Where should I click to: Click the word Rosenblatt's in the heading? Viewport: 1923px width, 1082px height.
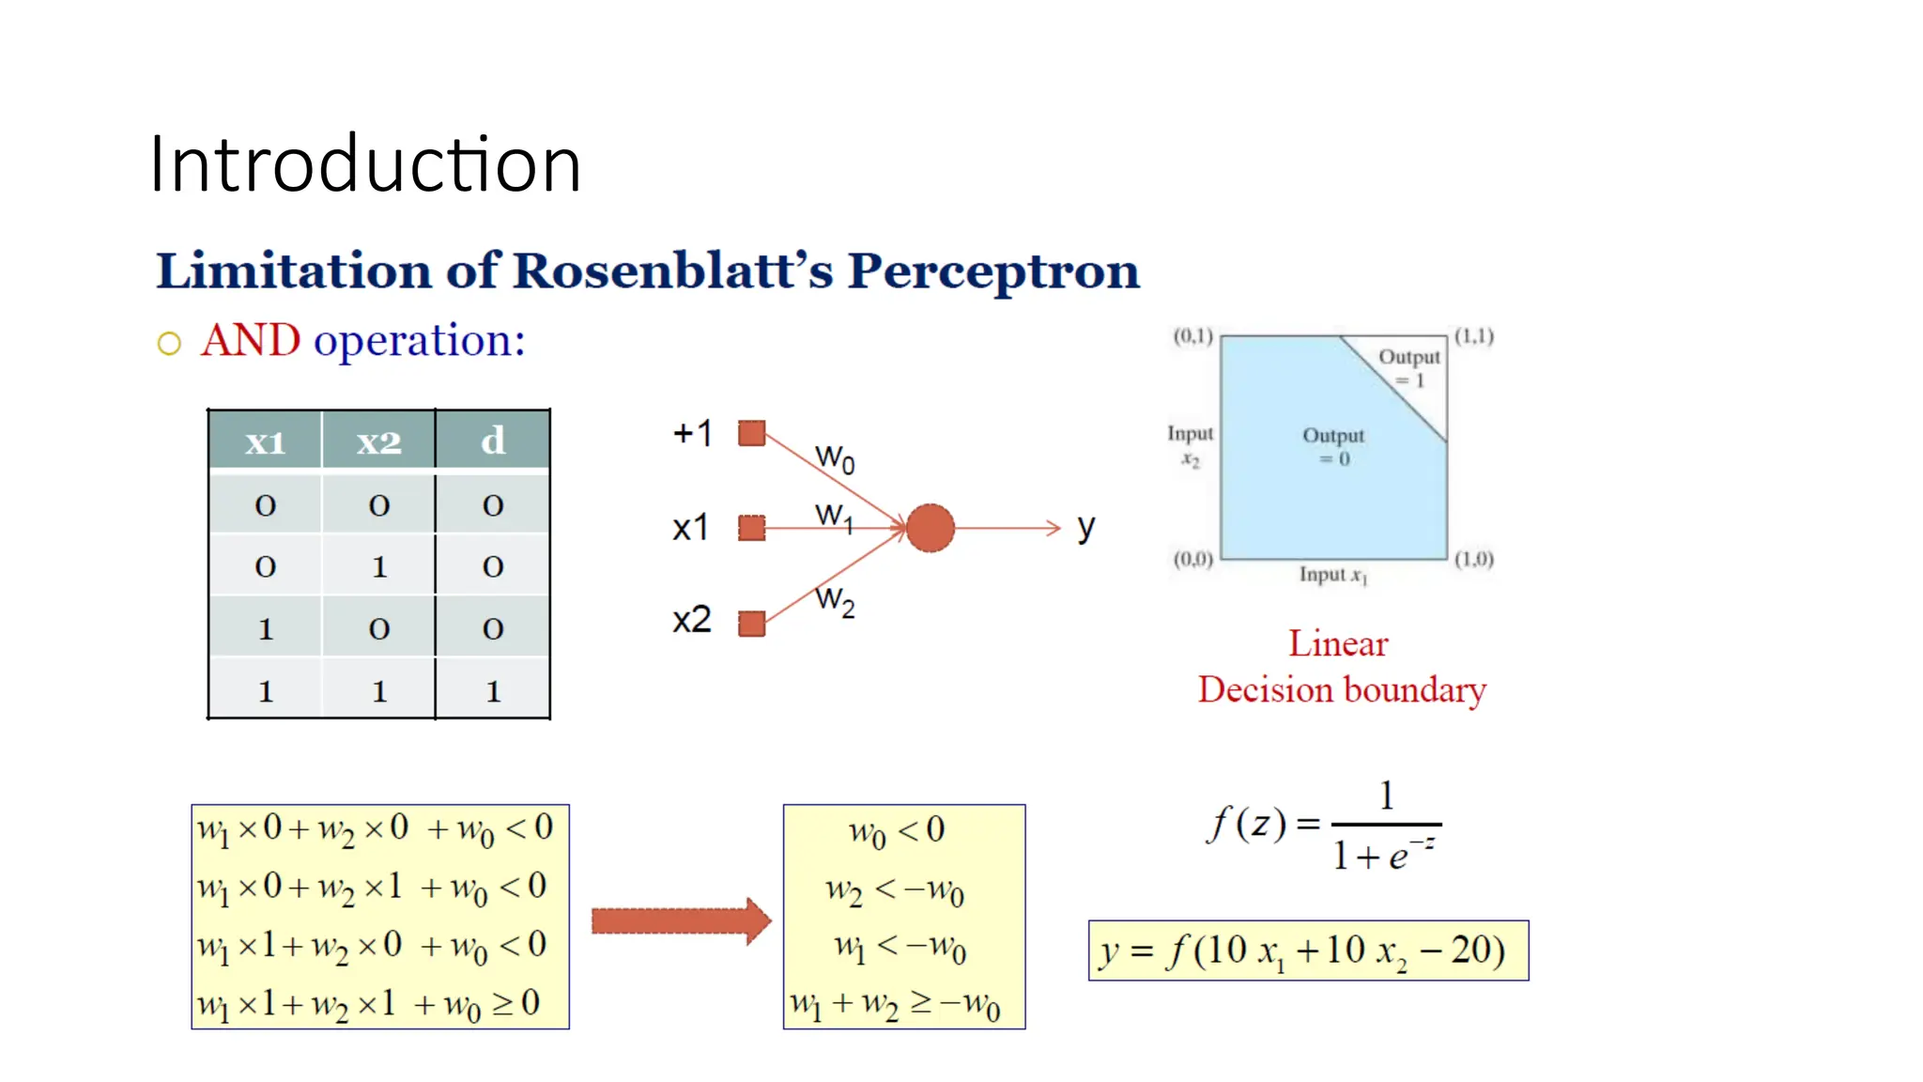[x=672, y=270]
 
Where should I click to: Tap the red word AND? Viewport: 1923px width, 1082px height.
[x=250, y=340]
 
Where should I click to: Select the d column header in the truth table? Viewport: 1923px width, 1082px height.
[x=493, y=441]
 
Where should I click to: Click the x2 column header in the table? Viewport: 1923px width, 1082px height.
[x=378, y=441]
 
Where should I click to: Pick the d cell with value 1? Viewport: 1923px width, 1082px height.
[x=493, y=691]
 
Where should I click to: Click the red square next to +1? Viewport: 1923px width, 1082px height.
[x=751, y=433]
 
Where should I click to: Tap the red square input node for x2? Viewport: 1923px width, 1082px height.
[x=751, y=624]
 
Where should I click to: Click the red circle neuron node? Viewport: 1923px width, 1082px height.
[x=930, y=528]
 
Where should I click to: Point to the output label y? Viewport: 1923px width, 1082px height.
[x=1085, y=528]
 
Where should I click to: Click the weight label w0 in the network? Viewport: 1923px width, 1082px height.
[x=835, y=458]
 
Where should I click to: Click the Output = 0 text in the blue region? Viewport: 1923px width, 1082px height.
[x=1333, y=446]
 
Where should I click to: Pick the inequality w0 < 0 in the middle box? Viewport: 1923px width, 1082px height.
[x=897, y=830]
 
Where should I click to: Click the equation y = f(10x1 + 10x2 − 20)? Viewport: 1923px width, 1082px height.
[x=1307, y=951]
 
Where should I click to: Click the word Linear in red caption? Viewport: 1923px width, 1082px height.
[x=1338, y=644]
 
